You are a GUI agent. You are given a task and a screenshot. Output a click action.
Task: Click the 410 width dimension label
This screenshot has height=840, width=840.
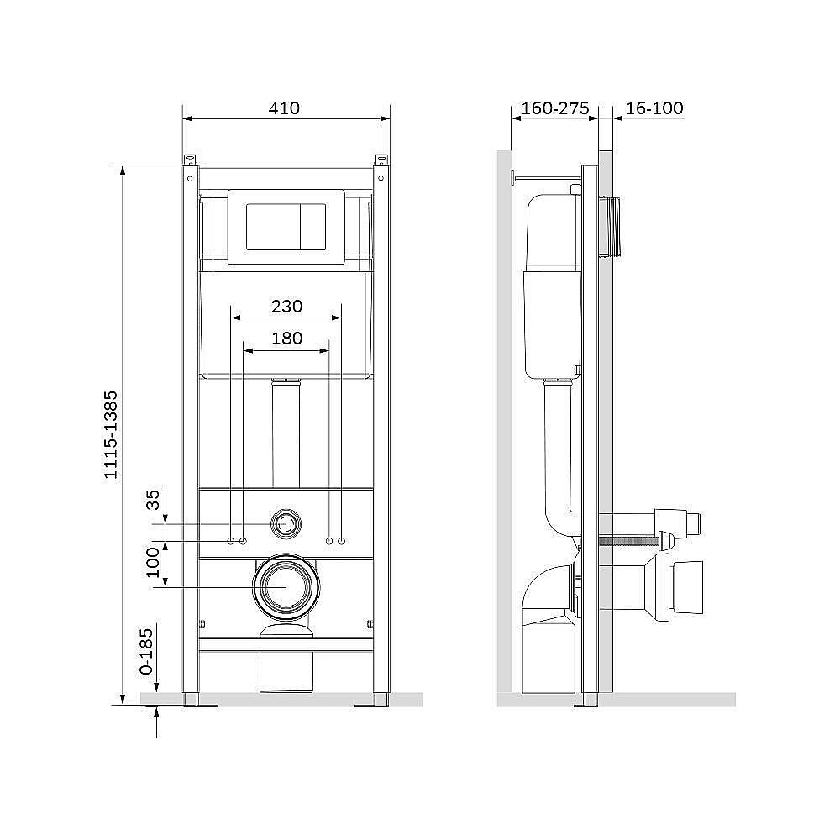pos(284,108)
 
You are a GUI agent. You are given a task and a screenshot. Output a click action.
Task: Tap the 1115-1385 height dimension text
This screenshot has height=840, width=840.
pos(110,434)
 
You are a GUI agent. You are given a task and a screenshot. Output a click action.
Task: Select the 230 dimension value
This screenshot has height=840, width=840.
pos(286,307)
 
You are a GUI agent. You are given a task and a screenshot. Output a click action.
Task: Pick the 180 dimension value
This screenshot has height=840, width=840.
pos(286,339)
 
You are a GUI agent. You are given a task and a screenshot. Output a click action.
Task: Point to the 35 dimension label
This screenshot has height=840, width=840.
pos(153,500)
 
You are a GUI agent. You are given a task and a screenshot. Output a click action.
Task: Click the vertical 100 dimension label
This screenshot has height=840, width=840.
pos(153,563)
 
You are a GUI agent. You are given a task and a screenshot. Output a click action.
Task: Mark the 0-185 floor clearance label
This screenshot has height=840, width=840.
pos(145,652)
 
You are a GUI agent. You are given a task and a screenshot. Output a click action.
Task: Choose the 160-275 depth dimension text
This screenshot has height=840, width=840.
pos(555,108)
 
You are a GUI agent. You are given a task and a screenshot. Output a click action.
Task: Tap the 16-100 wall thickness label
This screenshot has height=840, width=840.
pos(654,108)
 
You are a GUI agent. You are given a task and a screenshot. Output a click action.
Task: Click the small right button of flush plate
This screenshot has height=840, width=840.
pos(312,226)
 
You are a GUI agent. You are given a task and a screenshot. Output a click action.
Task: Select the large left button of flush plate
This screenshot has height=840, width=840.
pos(273,226)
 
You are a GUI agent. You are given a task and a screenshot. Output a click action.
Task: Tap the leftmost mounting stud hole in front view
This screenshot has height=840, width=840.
pos(231,541)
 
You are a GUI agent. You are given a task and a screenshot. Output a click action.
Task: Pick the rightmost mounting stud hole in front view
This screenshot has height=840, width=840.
pos(341,541)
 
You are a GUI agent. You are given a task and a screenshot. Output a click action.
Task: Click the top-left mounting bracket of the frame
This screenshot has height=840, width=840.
pos(190,160)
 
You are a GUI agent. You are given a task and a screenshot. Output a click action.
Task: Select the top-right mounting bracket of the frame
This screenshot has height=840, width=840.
pos(381,160)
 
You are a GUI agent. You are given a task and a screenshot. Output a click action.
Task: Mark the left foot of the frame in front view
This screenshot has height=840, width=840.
pos(199,701)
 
